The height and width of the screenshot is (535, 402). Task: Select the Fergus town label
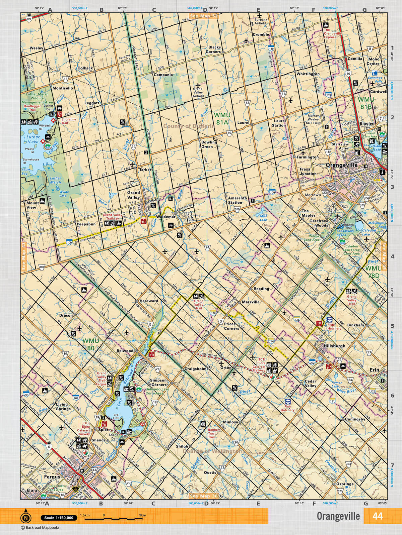click(x=52, y=477)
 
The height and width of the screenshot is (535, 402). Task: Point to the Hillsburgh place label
click(x=334, y=346)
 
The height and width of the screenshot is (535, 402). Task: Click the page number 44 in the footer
click(x=377, y=516)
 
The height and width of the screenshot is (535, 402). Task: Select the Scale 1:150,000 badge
click(x=59, y=518)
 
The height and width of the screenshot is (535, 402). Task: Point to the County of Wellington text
click(x=212, y=451)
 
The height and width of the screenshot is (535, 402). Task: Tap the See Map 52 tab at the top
click(x=204, y=16)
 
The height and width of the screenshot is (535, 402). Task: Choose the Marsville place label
click(x=251, y=302)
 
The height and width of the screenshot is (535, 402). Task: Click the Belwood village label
click(x=125, y=351)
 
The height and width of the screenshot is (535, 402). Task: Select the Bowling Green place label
click(x=209, y=144)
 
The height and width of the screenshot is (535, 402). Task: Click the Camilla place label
click(x=355, y=59)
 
